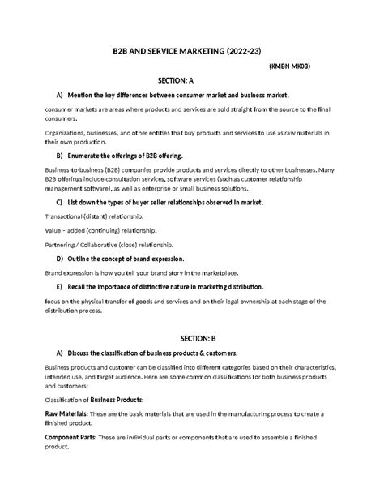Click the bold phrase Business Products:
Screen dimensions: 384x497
pos(117,400)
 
